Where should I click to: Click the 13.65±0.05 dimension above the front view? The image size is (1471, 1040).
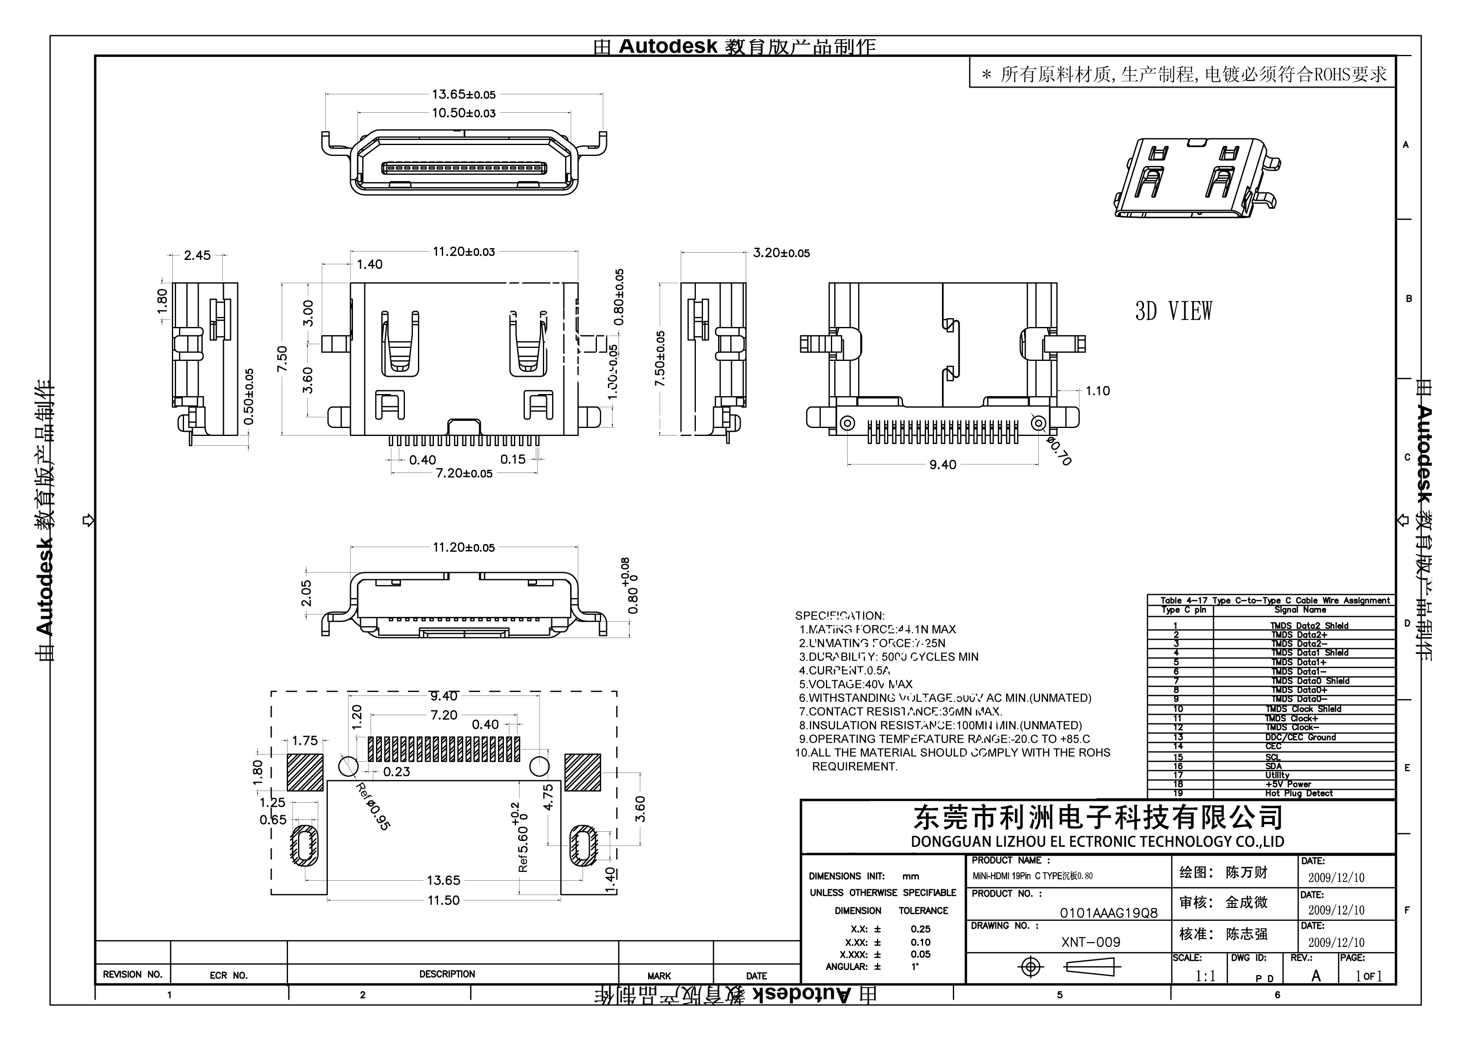463,95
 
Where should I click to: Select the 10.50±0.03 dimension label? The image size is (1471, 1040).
463,114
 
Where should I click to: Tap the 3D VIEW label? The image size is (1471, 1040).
1173,311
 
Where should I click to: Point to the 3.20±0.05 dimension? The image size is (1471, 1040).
781,253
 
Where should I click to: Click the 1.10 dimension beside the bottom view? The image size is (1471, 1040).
1097,391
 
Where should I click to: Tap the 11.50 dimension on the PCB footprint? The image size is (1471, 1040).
444,900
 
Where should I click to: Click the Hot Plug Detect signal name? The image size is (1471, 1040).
1299,793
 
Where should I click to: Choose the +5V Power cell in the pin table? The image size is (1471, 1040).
1288,784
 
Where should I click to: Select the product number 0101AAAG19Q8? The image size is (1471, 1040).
1108,913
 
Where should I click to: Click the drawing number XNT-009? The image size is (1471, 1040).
1090,943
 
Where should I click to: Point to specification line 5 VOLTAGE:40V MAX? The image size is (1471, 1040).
855,685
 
